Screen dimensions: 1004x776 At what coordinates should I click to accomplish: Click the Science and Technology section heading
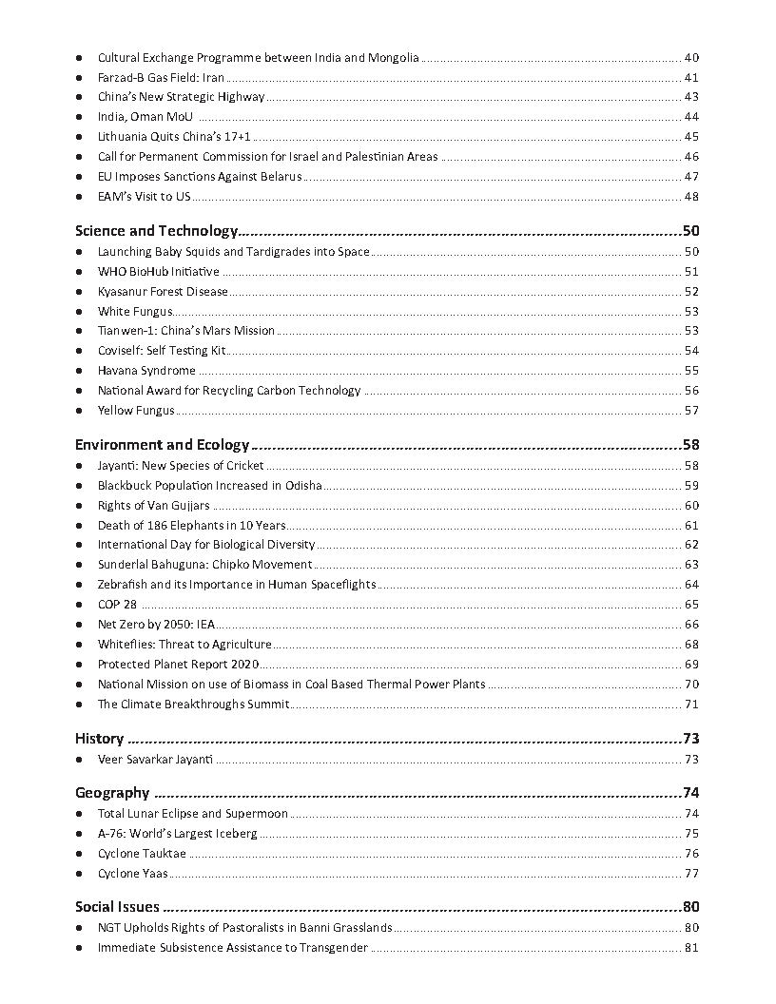pos(156,231)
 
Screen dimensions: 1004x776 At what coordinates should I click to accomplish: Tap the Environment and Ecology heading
pos(162,445)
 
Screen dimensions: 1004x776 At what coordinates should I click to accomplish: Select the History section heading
pos(99,739)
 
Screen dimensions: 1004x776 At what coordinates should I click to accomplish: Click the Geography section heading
pos(112,793)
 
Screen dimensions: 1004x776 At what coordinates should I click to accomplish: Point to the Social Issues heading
pos(117,907)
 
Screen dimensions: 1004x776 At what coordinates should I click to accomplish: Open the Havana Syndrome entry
pos(146,371)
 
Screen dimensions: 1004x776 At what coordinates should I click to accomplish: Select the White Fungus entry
pos(135,311)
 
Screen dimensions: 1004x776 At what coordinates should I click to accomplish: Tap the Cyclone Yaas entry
pos(133,874)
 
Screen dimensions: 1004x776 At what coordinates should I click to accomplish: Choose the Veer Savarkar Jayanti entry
pos(155,760)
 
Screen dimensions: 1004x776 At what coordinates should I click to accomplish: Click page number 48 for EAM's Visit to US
pos(691,197)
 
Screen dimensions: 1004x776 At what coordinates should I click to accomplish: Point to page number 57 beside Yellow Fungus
pos(691,411)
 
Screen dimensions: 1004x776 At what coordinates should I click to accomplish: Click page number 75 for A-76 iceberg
pos(691,834)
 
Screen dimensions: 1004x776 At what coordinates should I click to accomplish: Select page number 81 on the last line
pos(691,948)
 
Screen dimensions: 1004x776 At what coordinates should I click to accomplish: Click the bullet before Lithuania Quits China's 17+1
pos(79,137)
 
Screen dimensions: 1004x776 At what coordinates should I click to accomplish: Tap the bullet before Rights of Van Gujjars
pos(79,506)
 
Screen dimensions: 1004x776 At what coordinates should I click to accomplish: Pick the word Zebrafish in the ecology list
pos(122,585)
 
